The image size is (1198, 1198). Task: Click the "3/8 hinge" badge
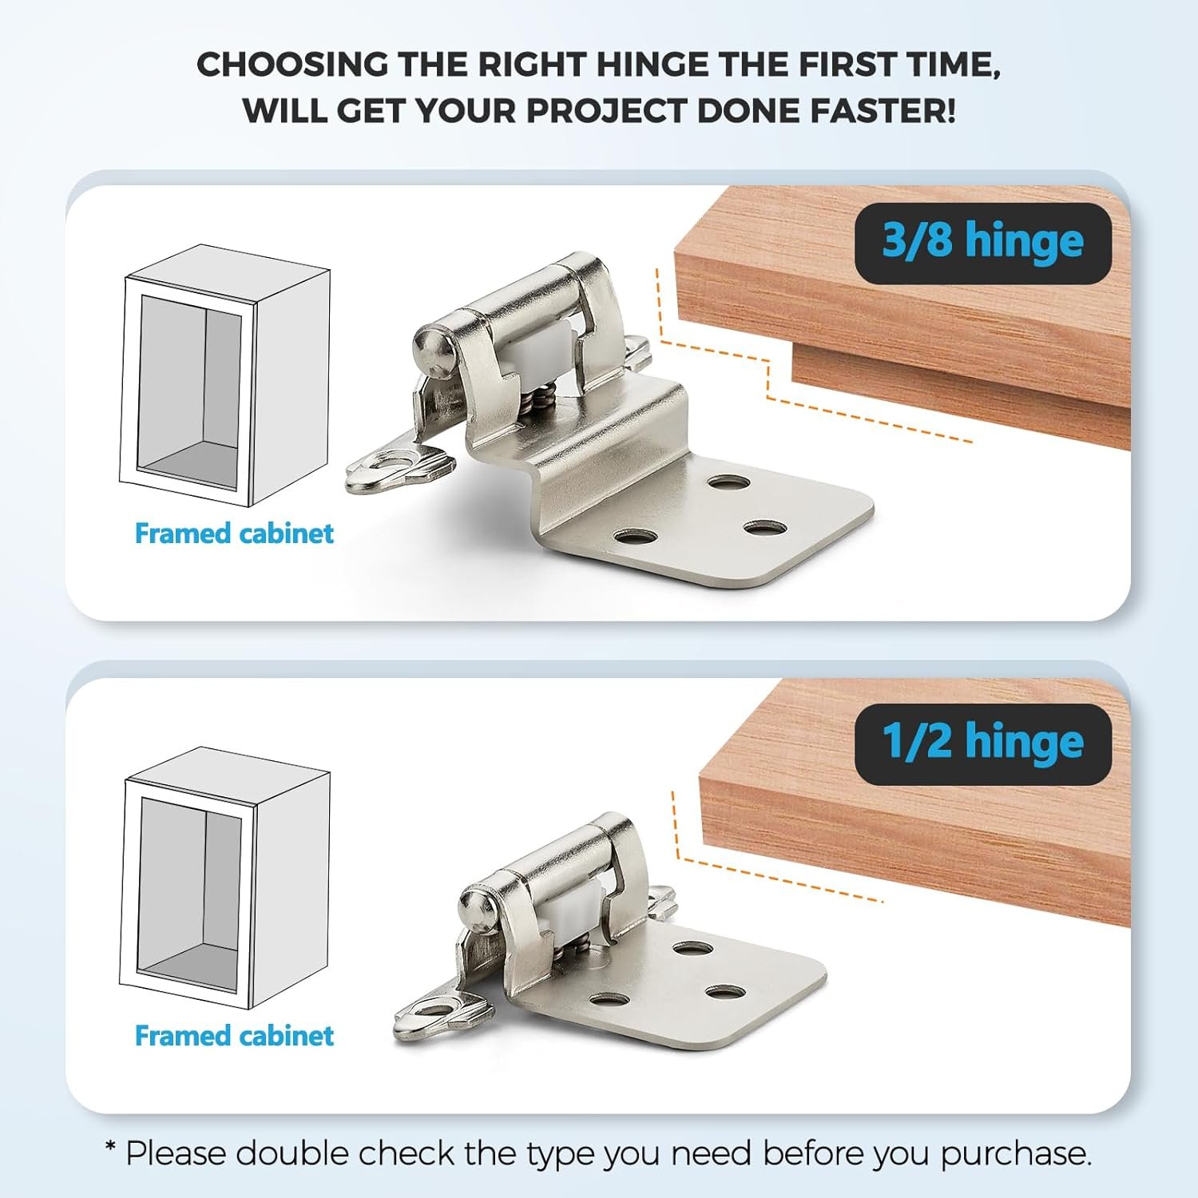tap(982, 243)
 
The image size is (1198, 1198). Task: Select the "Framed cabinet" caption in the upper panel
tap(234, 533)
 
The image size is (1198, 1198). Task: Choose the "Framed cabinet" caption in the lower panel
tap(234, 1035)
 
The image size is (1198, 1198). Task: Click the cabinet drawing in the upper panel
tap(225, 375)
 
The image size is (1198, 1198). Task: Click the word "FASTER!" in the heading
tap(883, 110)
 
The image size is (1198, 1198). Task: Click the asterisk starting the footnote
tap(111, 1149)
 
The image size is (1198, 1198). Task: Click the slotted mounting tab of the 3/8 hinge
tap(399, 466)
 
